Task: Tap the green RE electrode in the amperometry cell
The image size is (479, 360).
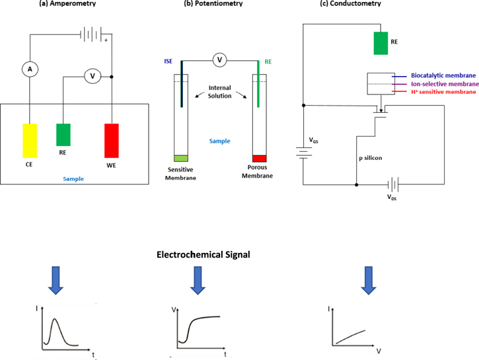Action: point(63,134)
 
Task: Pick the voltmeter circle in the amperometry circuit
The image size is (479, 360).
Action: point(93,76)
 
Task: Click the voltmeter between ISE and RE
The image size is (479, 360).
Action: point(221,61)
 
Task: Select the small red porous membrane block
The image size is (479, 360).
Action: point(259,158)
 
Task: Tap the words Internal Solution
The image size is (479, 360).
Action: point(221,92)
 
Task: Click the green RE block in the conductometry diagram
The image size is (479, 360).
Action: point(381,42)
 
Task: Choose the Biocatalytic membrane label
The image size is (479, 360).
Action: point(442,76)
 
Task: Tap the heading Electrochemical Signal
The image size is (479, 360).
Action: point(202,254)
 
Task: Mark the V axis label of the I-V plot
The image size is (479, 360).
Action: point(379,351)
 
